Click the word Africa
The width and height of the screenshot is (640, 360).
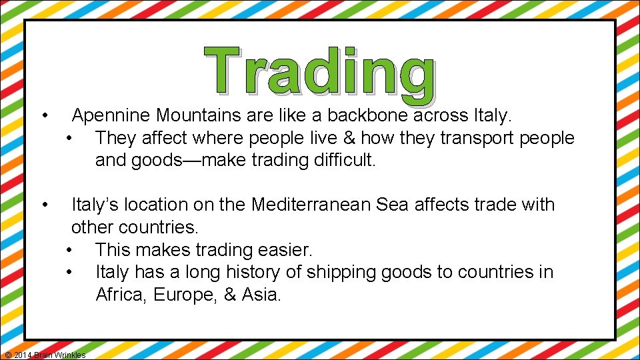coord(121,295)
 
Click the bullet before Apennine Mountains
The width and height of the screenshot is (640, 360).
coord(43,116)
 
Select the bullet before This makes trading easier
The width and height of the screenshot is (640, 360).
coord(70,250)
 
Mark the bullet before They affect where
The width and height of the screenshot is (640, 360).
coord(70,138)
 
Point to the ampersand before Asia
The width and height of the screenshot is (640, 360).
coord(230,295)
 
